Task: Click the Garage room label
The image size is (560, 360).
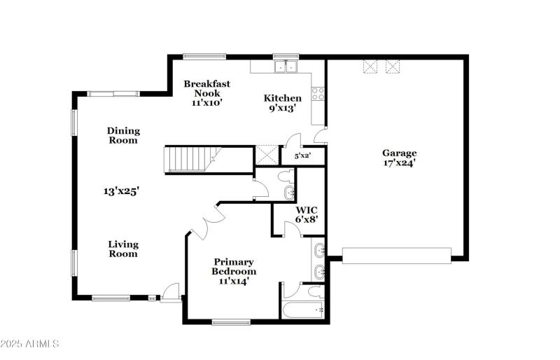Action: [399, 153]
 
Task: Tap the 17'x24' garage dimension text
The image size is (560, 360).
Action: [399, 162]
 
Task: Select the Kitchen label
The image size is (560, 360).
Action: [282, 98]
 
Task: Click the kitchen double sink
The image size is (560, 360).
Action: [285, 67]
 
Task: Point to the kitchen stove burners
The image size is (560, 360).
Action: [318, 93]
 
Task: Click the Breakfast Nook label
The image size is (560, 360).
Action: [206, 88]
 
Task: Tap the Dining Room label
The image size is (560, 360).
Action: [123, 135]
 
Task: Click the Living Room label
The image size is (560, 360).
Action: [123, 249]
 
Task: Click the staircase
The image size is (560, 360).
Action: [189, 159]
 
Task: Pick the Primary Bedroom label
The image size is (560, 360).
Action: [234, 266]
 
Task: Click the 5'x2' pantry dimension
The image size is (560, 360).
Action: [302, 155]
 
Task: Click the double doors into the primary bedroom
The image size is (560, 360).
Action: [206, 226]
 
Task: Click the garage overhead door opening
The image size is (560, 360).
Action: [396, 254]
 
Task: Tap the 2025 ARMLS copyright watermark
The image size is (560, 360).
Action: [30, 344]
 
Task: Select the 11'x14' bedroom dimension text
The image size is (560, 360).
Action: [234, 281]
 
